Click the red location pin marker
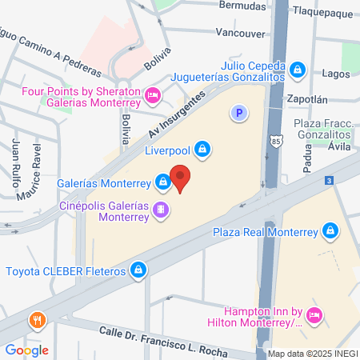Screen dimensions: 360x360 pyautogui.click(x=181, y=178)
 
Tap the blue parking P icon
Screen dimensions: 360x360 pyautogui.click(x=237, y=114)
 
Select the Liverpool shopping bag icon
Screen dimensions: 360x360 pyautogui.click(x=203, y=149)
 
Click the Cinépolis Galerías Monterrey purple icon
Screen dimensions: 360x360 pyautogui.click(x=162, y=210)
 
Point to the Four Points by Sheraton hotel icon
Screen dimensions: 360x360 pyautogui.click(x=154, y=97)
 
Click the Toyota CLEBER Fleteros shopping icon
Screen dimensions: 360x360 pyautogui.click(x=139, y=270)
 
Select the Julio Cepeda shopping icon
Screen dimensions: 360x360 pyautogui.click(x=298, y=70)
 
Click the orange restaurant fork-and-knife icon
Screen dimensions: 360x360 pyautogui.click(x=36, y=322)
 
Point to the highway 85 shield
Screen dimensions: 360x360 pyautogui.click(x=275, y=139)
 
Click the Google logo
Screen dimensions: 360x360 pyautogui.click(x=26, y=350)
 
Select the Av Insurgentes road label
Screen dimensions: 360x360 pyautogui.click(x=177, y=115)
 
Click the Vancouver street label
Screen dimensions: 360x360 pyautogui.click(x=240, y=34)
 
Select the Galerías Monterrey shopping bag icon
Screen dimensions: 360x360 pyautogui.click(x=163, y=182)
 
